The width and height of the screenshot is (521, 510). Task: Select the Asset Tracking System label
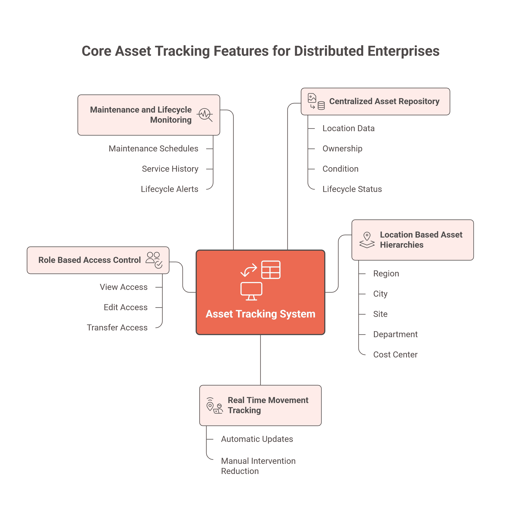[260, 314]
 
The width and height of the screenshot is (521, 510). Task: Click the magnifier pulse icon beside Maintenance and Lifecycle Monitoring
[205, 115]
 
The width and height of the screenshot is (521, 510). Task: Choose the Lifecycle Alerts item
[169, 189]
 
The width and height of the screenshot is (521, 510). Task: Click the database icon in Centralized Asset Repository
[321, 105]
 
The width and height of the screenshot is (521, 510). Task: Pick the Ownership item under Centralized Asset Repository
[342, 148]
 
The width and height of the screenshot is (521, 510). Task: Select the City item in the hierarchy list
[380, 294]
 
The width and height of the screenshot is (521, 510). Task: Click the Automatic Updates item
[257, 439]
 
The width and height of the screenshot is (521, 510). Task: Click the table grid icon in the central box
[271, 269]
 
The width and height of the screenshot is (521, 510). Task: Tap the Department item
[395, 334]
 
